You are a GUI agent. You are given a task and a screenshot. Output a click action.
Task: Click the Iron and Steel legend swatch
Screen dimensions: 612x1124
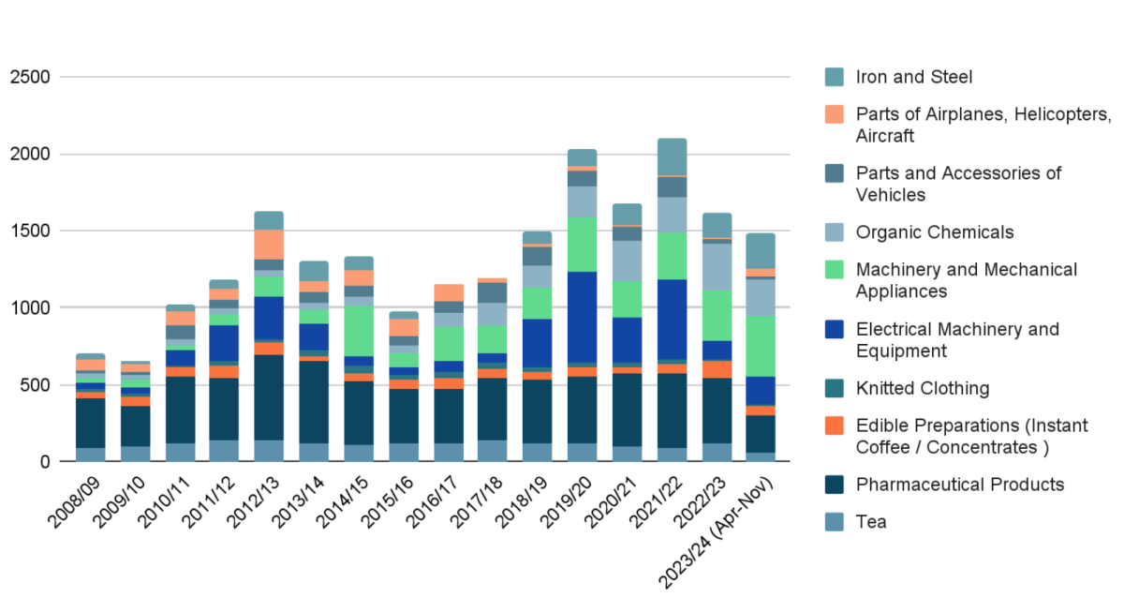tap(836, 77)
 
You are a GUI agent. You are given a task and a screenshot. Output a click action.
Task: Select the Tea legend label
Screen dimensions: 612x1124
tap(871, 521)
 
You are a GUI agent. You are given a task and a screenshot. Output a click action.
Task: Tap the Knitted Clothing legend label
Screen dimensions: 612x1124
tap(922, 388)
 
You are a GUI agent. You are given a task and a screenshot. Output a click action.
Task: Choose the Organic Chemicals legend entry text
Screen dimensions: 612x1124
tap(935, 231)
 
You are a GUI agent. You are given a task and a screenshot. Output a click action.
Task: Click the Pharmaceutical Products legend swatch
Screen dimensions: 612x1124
tap(836, 485)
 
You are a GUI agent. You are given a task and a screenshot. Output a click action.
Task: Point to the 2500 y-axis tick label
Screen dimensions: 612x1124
tap(32, 77)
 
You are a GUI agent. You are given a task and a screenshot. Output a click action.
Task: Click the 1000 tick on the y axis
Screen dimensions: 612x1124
tap(32, 307)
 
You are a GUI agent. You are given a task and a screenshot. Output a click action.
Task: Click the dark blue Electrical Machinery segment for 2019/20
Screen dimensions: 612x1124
tap(582, 317)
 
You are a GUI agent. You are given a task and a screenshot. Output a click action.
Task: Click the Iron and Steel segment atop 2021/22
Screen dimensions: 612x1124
tap(672, 157)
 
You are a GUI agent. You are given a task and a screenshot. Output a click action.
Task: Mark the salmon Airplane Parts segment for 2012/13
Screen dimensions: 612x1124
tap(270, 244)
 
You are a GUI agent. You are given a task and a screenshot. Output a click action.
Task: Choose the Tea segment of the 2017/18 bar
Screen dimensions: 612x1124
tap(493, 451)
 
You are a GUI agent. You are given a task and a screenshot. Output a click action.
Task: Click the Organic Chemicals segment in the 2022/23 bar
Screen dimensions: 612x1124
tap(717, 266)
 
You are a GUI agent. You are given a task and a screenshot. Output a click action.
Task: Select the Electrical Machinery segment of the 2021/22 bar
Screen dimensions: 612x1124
tap(672, 319)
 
